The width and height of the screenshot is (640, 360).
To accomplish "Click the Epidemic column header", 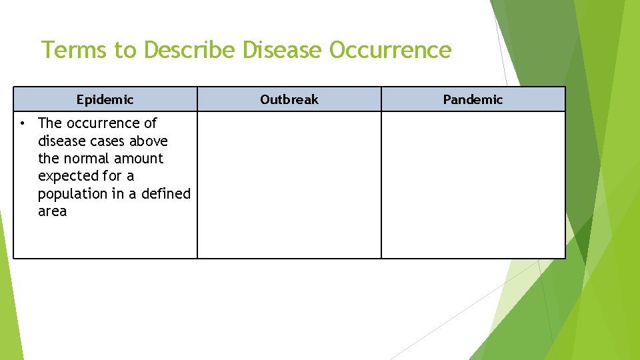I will pos(105,100).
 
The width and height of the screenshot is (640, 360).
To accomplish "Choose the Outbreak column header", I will pos(289,100).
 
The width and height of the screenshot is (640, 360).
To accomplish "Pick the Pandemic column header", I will pos(473,100).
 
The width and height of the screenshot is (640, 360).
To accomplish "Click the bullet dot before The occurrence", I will pos(23,123).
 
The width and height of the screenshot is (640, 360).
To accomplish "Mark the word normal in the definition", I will pos(86,159).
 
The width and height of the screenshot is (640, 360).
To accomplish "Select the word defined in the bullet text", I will pos(166,194).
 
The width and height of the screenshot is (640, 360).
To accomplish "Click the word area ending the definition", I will pos(53,211).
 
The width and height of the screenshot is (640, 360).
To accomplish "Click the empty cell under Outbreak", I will pos(289,185).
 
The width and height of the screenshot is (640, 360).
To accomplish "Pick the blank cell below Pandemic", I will pos(473,185).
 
